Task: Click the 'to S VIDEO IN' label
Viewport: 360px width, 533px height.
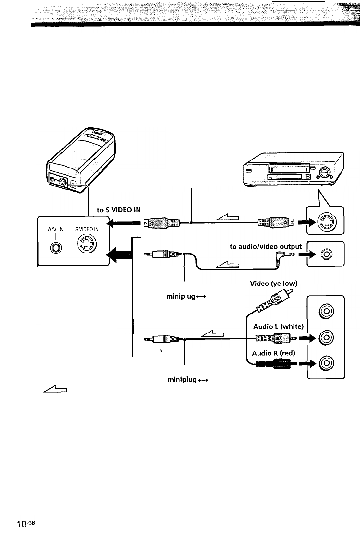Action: [x=119, y=210]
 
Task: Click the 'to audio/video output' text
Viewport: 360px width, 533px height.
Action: [x=266, y=246]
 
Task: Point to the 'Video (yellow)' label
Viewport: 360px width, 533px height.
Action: [x=274, y=284]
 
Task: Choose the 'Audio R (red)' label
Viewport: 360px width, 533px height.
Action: [x=274, y=353]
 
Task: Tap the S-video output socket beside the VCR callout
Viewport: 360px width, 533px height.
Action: [x=326, y=222]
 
